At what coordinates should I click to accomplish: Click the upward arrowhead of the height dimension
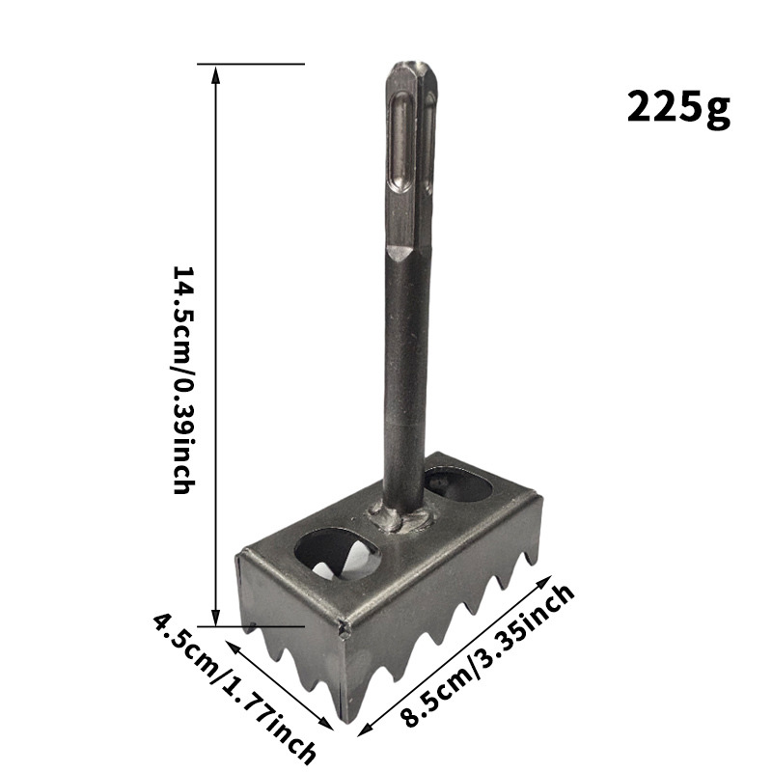(215, 73)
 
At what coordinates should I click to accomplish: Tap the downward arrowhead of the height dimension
(215, 618)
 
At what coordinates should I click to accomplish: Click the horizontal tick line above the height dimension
(251, 65)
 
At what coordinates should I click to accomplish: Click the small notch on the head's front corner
(344, 632)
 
